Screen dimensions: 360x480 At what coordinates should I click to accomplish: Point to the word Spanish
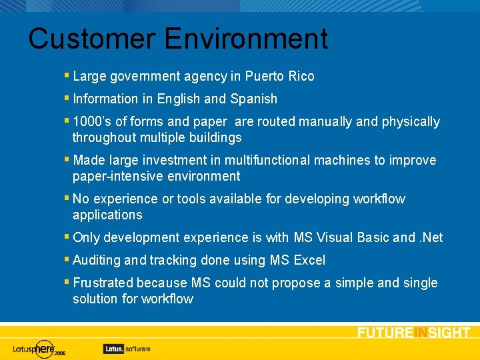(253, 99)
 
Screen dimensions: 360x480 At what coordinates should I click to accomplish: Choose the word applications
(107, 215)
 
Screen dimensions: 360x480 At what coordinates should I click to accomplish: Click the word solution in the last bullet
(95, 299)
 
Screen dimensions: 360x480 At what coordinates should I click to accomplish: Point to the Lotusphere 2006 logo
(40, 348)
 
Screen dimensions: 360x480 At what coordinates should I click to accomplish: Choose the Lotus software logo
(127, 348)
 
